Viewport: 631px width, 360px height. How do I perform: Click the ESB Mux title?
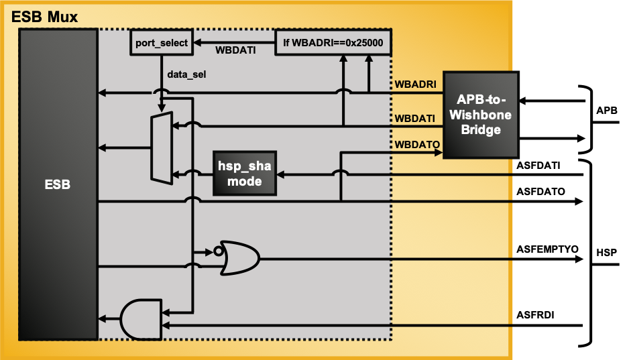(x=45, y=16)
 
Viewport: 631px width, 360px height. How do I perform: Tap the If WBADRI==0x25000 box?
(x=333, y=42)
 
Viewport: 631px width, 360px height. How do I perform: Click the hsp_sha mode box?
(x=245, y=173)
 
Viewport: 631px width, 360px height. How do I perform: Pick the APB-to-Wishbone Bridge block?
(x=480, y=115)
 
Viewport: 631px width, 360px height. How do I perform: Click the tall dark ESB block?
(x=58, y=184)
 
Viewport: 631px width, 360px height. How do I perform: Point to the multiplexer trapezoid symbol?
(x=162, y=147)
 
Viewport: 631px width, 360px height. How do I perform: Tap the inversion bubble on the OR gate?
(x=217, y=252)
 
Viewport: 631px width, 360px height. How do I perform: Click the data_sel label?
(x=186, y=74)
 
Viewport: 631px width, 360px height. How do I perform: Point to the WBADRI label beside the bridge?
(x=416, y=84)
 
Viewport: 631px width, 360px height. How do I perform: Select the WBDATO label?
(x=416, y=144)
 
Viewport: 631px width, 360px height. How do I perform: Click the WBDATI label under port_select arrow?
(x=235, y=50)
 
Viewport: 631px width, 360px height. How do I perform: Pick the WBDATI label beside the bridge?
(x=416, y=118)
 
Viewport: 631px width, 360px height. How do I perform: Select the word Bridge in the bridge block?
(x=481, y=130)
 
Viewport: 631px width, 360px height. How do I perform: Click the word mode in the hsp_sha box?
(x=245, y=181)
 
